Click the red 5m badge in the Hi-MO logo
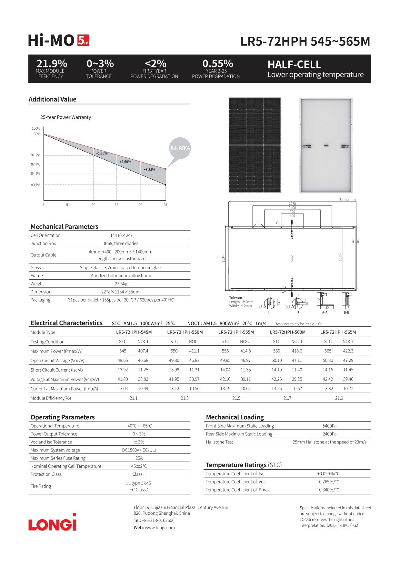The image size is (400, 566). click(x=83, y=40)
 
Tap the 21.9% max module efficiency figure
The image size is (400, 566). click(x=52, y=63)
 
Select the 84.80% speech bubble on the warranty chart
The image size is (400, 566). click(x=180, y=148)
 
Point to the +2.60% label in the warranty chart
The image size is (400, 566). click(x=125, y=162)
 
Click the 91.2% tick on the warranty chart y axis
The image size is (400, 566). click(x=35, y=155)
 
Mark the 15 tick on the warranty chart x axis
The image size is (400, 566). click(x=116, y=205)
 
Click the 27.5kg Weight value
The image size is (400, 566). click(x=121, y=284)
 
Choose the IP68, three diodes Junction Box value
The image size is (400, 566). click(x=121, y=243)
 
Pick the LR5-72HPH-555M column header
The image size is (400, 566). click(x=236, y=332)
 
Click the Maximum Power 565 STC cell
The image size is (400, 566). click(x=328, y=351)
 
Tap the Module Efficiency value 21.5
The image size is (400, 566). click(x=236, y=398)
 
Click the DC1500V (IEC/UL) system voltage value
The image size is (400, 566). click(x=139, y=450)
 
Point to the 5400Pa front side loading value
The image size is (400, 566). click(x=329, y=426)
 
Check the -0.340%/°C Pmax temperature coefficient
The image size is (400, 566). click(x=328, y=490)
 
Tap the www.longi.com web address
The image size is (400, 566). click(x=160, y=528)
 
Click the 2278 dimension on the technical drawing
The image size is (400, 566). click(x=292, y=204)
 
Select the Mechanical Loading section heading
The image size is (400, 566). click(x=235, y=417)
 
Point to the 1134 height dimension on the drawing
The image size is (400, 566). click(x=223, y=259)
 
